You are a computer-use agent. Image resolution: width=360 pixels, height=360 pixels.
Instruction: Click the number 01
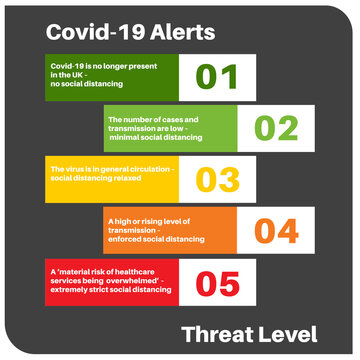tap(217, 76)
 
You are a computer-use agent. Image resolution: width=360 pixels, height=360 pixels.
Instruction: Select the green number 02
tap(275, 128)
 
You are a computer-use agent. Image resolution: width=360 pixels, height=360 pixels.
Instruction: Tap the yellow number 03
tap(217, 179)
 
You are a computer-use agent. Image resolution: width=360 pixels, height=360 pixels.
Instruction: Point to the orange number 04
tap(275, 231)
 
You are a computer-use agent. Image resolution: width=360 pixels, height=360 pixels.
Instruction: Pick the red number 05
tap(217, 282)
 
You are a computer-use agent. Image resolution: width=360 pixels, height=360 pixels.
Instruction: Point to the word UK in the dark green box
tap(79, 75)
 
